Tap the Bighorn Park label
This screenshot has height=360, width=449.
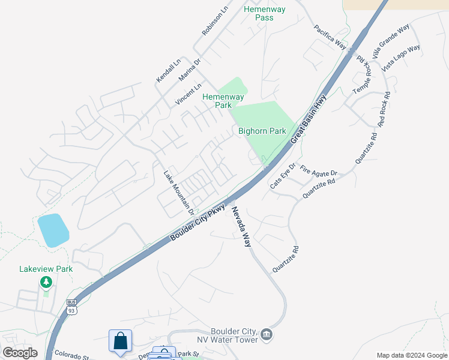262,131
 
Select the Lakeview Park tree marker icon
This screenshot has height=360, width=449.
46,282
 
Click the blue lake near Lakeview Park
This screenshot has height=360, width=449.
53,230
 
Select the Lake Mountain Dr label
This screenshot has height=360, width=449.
179,193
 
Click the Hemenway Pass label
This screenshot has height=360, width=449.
265,13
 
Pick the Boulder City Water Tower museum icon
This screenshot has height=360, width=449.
267,334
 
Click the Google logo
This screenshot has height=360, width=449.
20,353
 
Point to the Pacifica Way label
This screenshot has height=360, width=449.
330,37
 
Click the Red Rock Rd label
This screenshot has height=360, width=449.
384,109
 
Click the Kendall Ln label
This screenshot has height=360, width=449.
168,71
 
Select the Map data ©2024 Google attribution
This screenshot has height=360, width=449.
412,355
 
